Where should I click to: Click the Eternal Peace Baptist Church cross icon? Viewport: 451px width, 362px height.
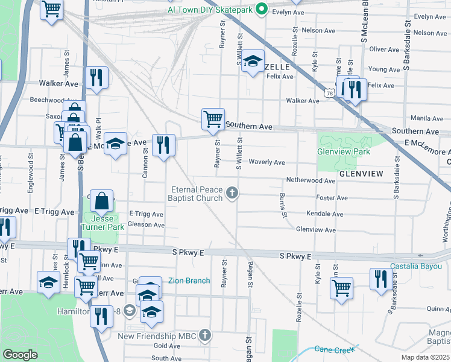coord(232,193)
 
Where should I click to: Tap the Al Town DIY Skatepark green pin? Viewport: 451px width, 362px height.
coord(261,9)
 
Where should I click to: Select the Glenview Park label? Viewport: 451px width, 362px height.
coord(344,152)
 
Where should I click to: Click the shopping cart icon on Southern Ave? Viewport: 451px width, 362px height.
coord(212,119)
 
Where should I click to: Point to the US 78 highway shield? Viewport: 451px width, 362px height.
coord(329,92)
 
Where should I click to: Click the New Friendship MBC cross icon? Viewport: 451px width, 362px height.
coord(206,335)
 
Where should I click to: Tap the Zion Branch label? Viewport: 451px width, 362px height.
coord(189,281)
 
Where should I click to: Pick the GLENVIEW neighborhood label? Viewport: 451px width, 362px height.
coord(361,174)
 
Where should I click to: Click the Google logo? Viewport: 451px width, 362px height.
coord(20,354)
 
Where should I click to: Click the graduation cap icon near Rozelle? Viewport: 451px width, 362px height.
coord(253,60)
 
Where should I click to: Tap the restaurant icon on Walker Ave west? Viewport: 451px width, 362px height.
coord(96,77)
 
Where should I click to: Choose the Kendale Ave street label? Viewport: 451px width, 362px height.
coord(324,214)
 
